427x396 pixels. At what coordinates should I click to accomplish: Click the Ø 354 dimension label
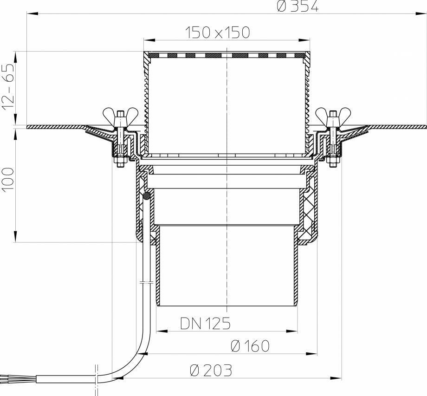click(298, 6)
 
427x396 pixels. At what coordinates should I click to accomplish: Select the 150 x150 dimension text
click(217, 32)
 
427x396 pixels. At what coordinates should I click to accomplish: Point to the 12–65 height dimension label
click(8, 88)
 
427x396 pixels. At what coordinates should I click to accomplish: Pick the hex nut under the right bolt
click(332, 163)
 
